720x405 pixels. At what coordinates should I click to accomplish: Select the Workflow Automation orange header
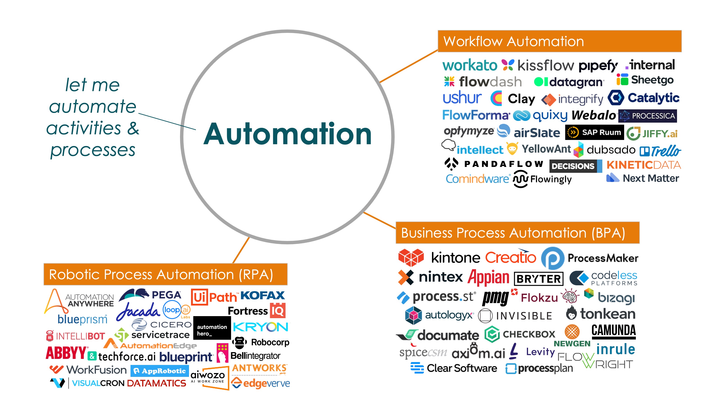click(x=560, y=41)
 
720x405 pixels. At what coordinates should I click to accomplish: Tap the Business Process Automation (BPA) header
click(x=517, y=233)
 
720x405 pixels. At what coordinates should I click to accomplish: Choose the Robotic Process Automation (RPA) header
click(x=165, y=274)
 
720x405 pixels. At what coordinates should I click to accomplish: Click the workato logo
click(x=470, y=65)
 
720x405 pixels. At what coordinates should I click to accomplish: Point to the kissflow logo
click(x=538, y=65)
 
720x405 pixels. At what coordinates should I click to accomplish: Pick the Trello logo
click(x=660, y=151)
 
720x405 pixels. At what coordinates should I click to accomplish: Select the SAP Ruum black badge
click(x=594, y=132)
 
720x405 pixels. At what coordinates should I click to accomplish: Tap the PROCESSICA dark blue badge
click(x=648, y=116)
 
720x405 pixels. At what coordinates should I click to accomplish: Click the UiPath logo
click(x=214, y=297)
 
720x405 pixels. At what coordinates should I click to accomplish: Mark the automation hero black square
click(x=212, y=328)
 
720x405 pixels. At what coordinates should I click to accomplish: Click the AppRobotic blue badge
click(x=160, y=371)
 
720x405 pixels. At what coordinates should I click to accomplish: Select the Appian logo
click(x=488, y=278)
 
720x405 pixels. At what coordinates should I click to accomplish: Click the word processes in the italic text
click(x=93, y=150)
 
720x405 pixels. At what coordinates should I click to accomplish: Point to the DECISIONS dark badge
click(x=576, y=166)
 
